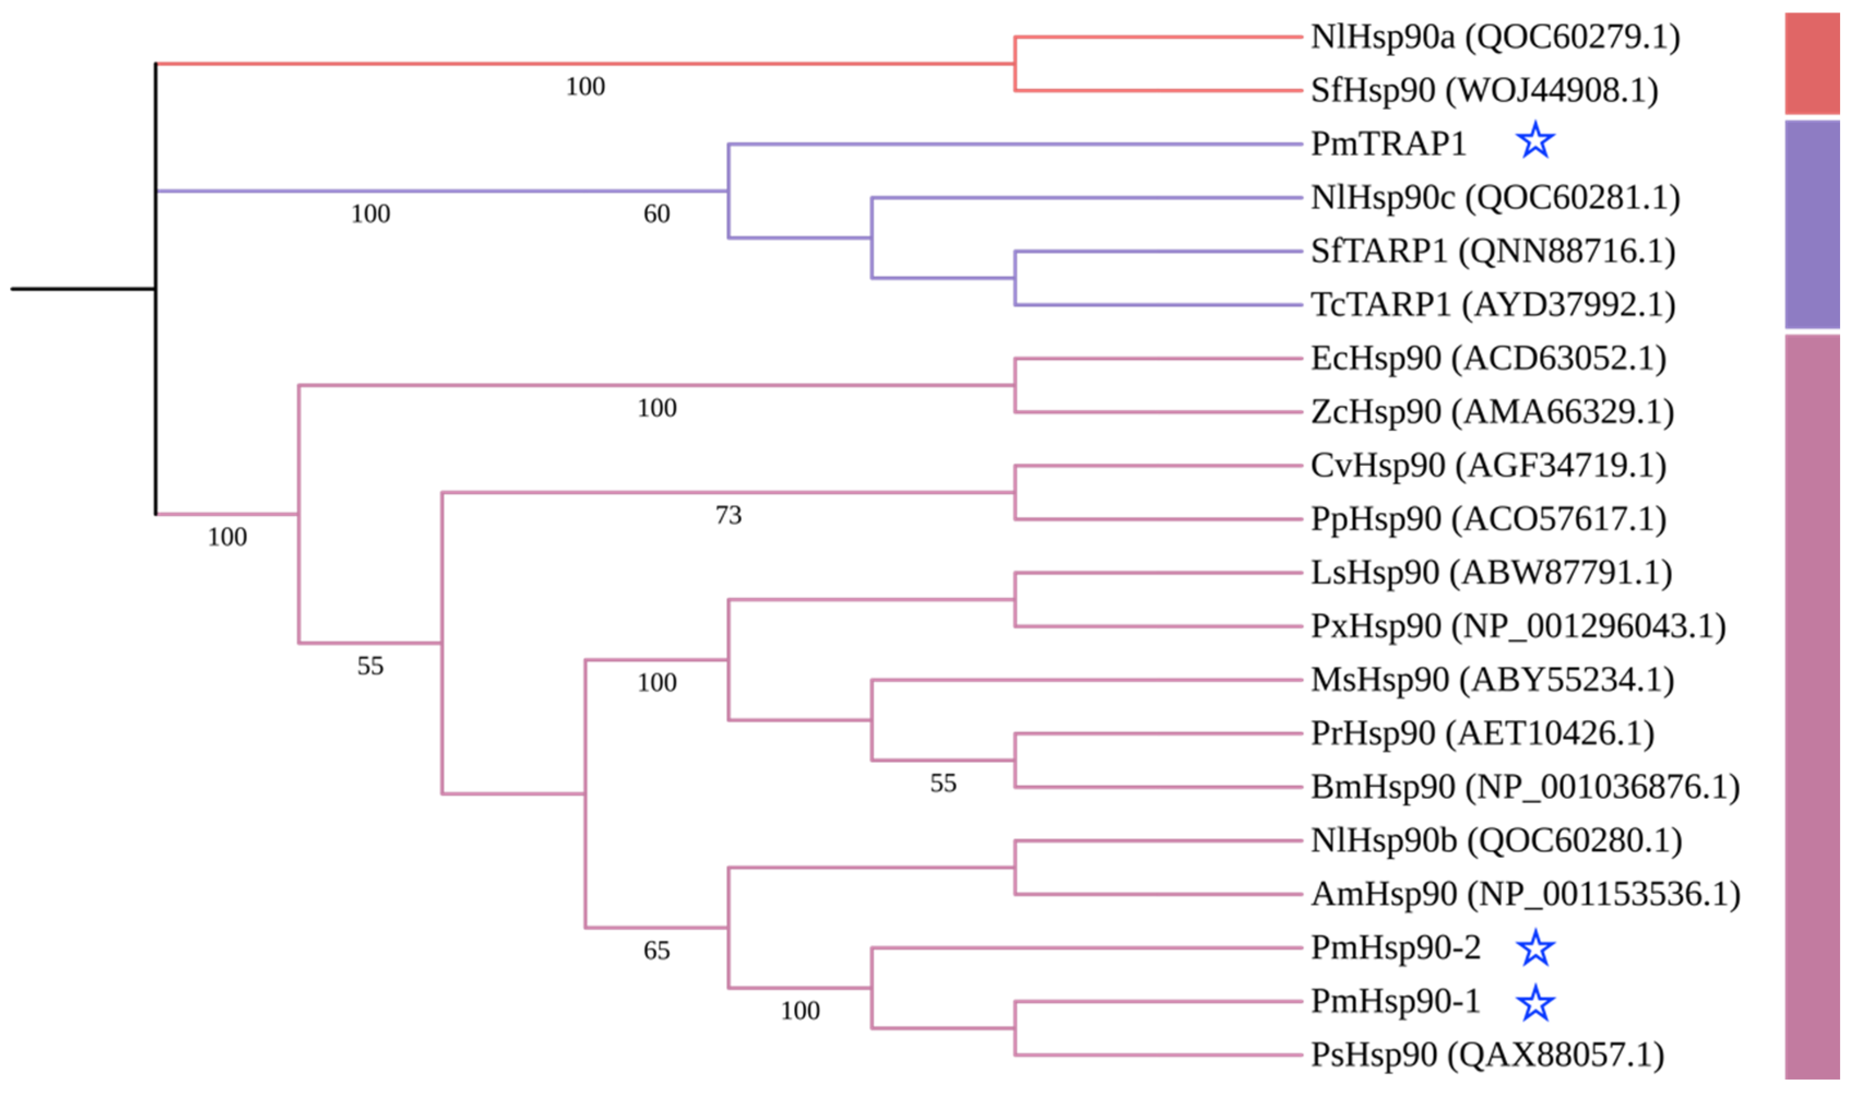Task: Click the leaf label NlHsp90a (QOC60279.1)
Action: click(1495, 37)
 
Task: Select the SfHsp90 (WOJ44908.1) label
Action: click(1484, 91)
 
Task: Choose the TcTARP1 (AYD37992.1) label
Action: click(1493, 305)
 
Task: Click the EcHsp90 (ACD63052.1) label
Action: click(1488, 359)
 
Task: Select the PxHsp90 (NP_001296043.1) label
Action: click(1518, 627)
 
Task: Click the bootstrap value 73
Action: click(728, 515)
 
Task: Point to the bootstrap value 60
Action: click(657, 214)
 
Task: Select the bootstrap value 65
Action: click(657, 950)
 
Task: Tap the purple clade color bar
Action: click(1812, 224)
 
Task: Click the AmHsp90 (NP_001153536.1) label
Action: click(1525, 894)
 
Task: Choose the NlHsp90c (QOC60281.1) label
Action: click(1495, 198)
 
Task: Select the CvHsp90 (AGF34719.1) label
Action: click(1488, 466)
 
